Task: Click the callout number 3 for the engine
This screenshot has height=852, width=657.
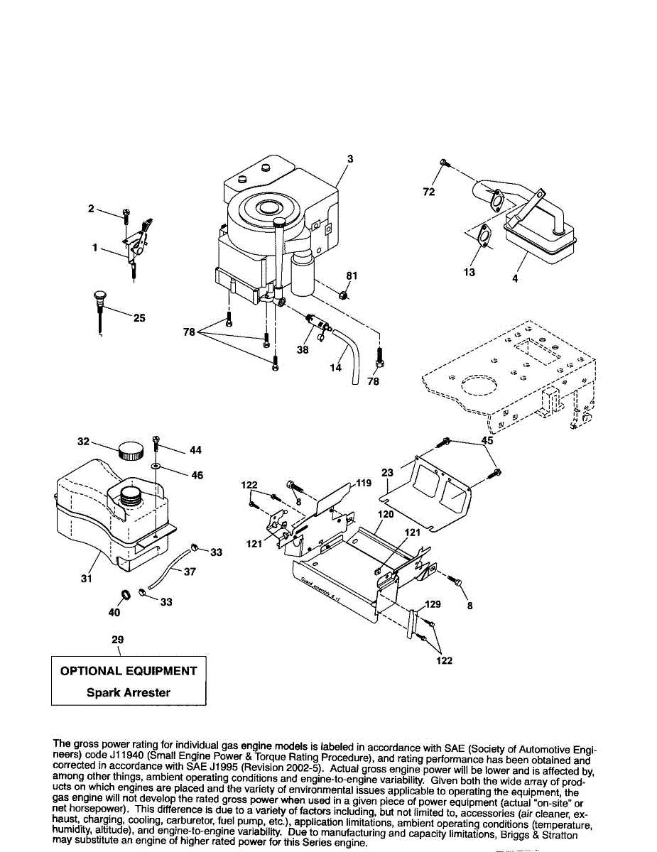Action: point(350,159)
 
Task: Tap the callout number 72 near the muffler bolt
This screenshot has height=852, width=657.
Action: point(429,192)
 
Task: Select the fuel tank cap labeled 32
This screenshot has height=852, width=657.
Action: point(131,451)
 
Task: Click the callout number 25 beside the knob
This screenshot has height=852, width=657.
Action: point(139,318)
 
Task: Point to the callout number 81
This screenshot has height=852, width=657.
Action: point(351,275)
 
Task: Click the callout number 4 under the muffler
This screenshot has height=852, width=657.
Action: point(514,279)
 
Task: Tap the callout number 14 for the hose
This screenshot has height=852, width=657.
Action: point(336,368)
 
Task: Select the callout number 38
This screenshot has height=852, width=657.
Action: point(303,349)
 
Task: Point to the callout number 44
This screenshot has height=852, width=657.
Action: point(196,450)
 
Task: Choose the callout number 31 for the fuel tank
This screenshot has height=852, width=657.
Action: point(86,579)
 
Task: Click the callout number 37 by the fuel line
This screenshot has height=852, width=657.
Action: point(190,572)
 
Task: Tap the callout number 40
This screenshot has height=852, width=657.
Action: point(114,612)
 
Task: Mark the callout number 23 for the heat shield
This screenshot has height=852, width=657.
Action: point(387,472)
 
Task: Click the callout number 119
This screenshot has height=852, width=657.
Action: point(364,483)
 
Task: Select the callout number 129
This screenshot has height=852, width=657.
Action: point(433,604)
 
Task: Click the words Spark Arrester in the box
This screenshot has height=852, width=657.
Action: point(129,692)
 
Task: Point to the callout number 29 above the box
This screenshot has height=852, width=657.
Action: point(118,640)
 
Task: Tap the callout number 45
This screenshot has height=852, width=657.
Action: point(487,440)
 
